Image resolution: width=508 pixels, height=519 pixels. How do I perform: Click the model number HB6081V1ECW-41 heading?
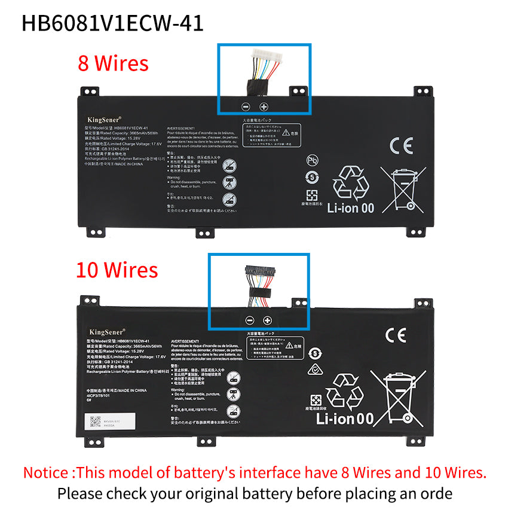113,22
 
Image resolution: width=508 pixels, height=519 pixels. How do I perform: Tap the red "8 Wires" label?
113,63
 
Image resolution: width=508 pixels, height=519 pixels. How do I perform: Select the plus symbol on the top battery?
264,106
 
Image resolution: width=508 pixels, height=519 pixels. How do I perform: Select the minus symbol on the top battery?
245,106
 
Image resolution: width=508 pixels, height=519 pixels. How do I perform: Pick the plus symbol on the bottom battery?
267,320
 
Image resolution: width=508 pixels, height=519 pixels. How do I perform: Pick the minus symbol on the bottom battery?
249,320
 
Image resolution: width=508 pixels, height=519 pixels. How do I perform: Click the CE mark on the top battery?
400,146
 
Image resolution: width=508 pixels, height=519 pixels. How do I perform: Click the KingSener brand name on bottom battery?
107,331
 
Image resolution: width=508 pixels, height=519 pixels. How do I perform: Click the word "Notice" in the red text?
48,473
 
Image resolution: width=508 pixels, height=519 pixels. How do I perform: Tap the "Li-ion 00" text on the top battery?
351,208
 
